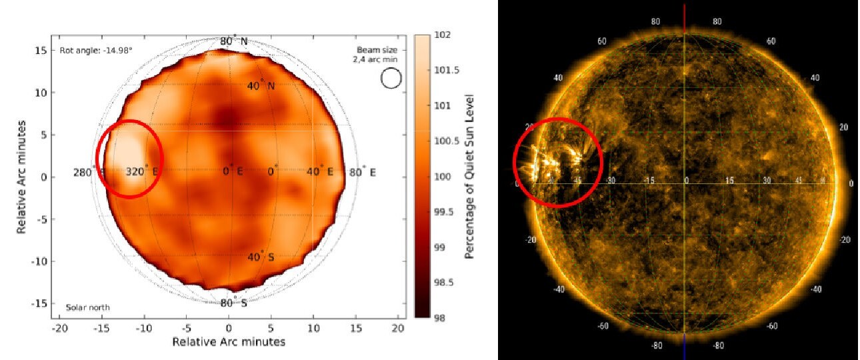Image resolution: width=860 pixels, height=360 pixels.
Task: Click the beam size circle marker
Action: [x=391, y=79]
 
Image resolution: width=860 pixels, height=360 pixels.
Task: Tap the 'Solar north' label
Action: [x=87, y=307]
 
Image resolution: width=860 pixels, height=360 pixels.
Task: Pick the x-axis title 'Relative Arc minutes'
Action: [x=229, y=342]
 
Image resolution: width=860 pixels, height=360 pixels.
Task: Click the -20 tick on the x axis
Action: [x=61, y=329]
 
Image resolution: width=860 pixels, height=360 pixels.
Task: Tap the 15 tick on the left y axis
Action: [x=41, y=51]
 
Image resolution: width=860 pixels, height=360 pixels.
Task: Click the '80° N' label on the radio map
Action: [x=234, y=41]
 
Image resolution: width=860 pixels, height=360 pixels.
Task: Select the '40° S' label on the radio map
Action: [x=261, y=257]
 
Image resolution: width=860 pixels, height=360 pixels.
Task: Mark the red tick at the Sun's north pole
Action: [x=685, y=19]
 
